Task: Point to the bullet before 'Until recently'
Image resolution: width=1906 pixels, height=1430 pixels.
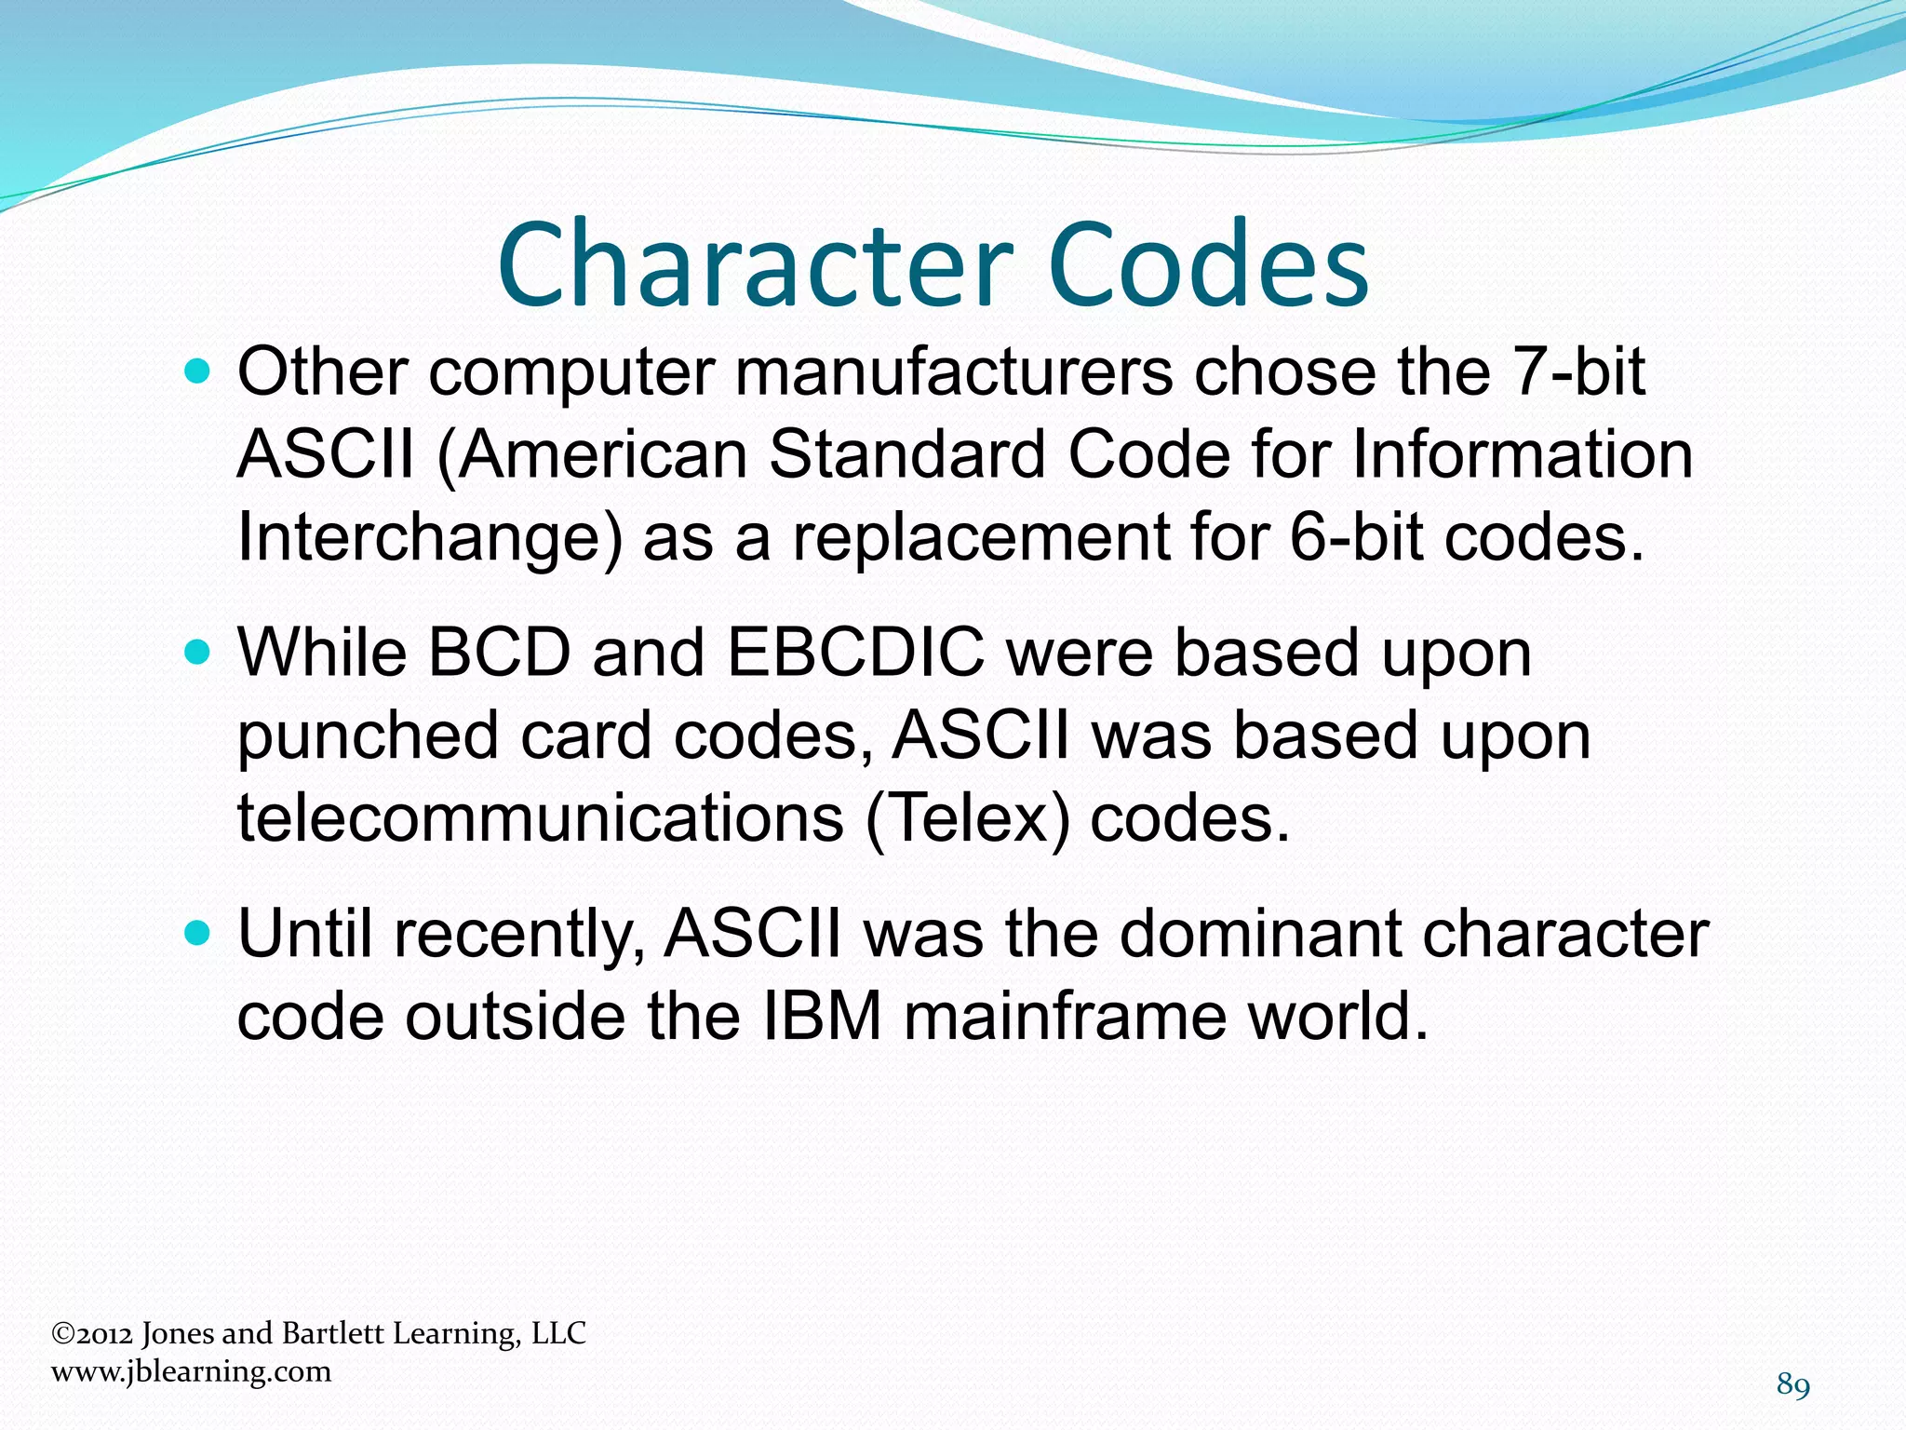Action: click(198, 934)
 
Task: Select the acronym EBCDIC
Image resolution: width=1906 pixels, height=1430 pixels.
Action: click(855, 653)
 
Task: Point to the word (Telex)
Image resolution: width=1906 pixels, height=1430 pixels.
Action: click(967, 820)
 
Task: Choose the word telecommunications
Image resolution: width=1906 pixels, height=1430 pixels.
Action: click(540, 820)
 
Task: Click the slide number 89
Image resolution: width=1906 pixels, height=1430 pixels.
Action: click(1792, 1385)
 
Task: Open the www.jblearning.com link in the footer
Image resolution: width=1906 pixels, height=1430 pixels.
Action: click(191, 1371)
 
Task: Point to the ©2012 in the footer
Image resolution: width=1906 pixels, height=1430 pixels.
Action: click(92, 1334)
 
